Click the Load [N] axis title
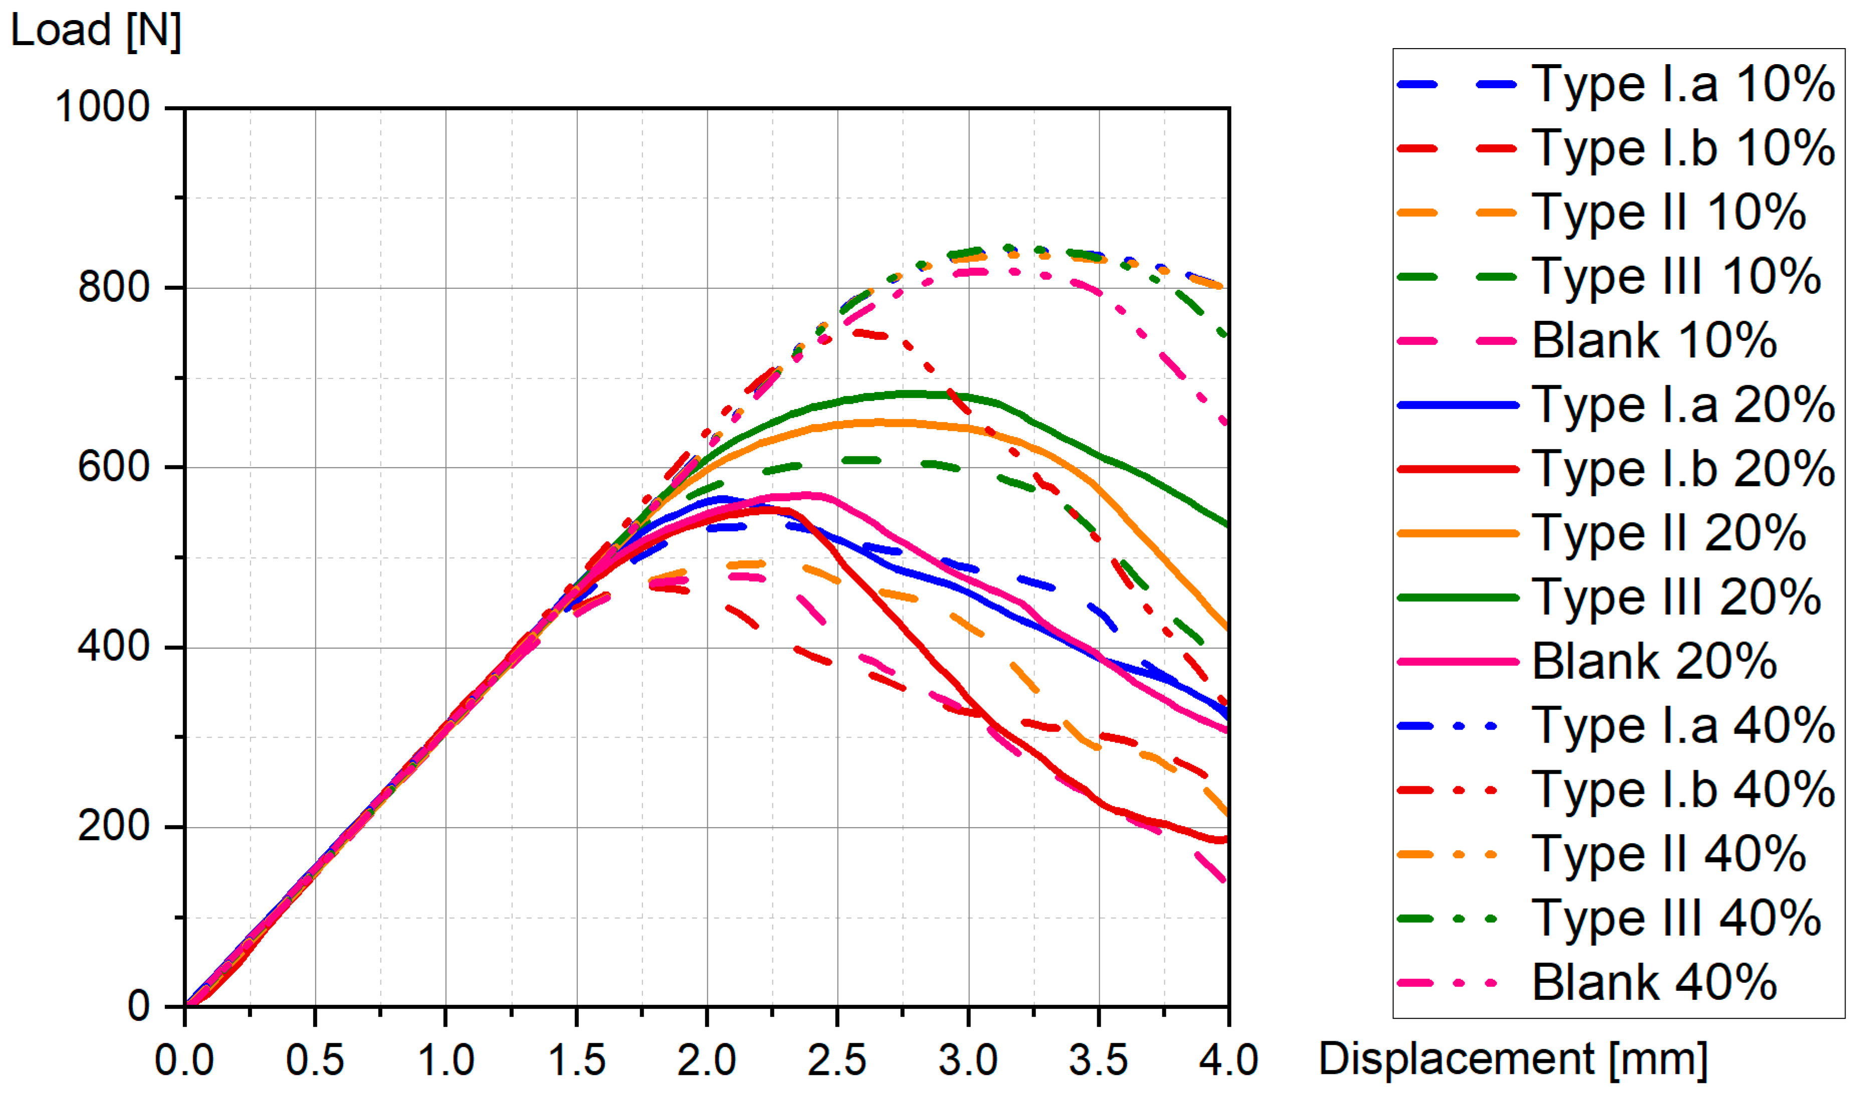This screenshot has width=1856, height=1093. click(x=96, y=31)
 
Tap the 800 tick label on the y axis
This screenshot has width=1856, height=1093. click(x=114, y=287)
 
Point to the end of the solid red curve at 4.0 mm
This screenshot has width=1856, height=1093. click(x=1226, y=839)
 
